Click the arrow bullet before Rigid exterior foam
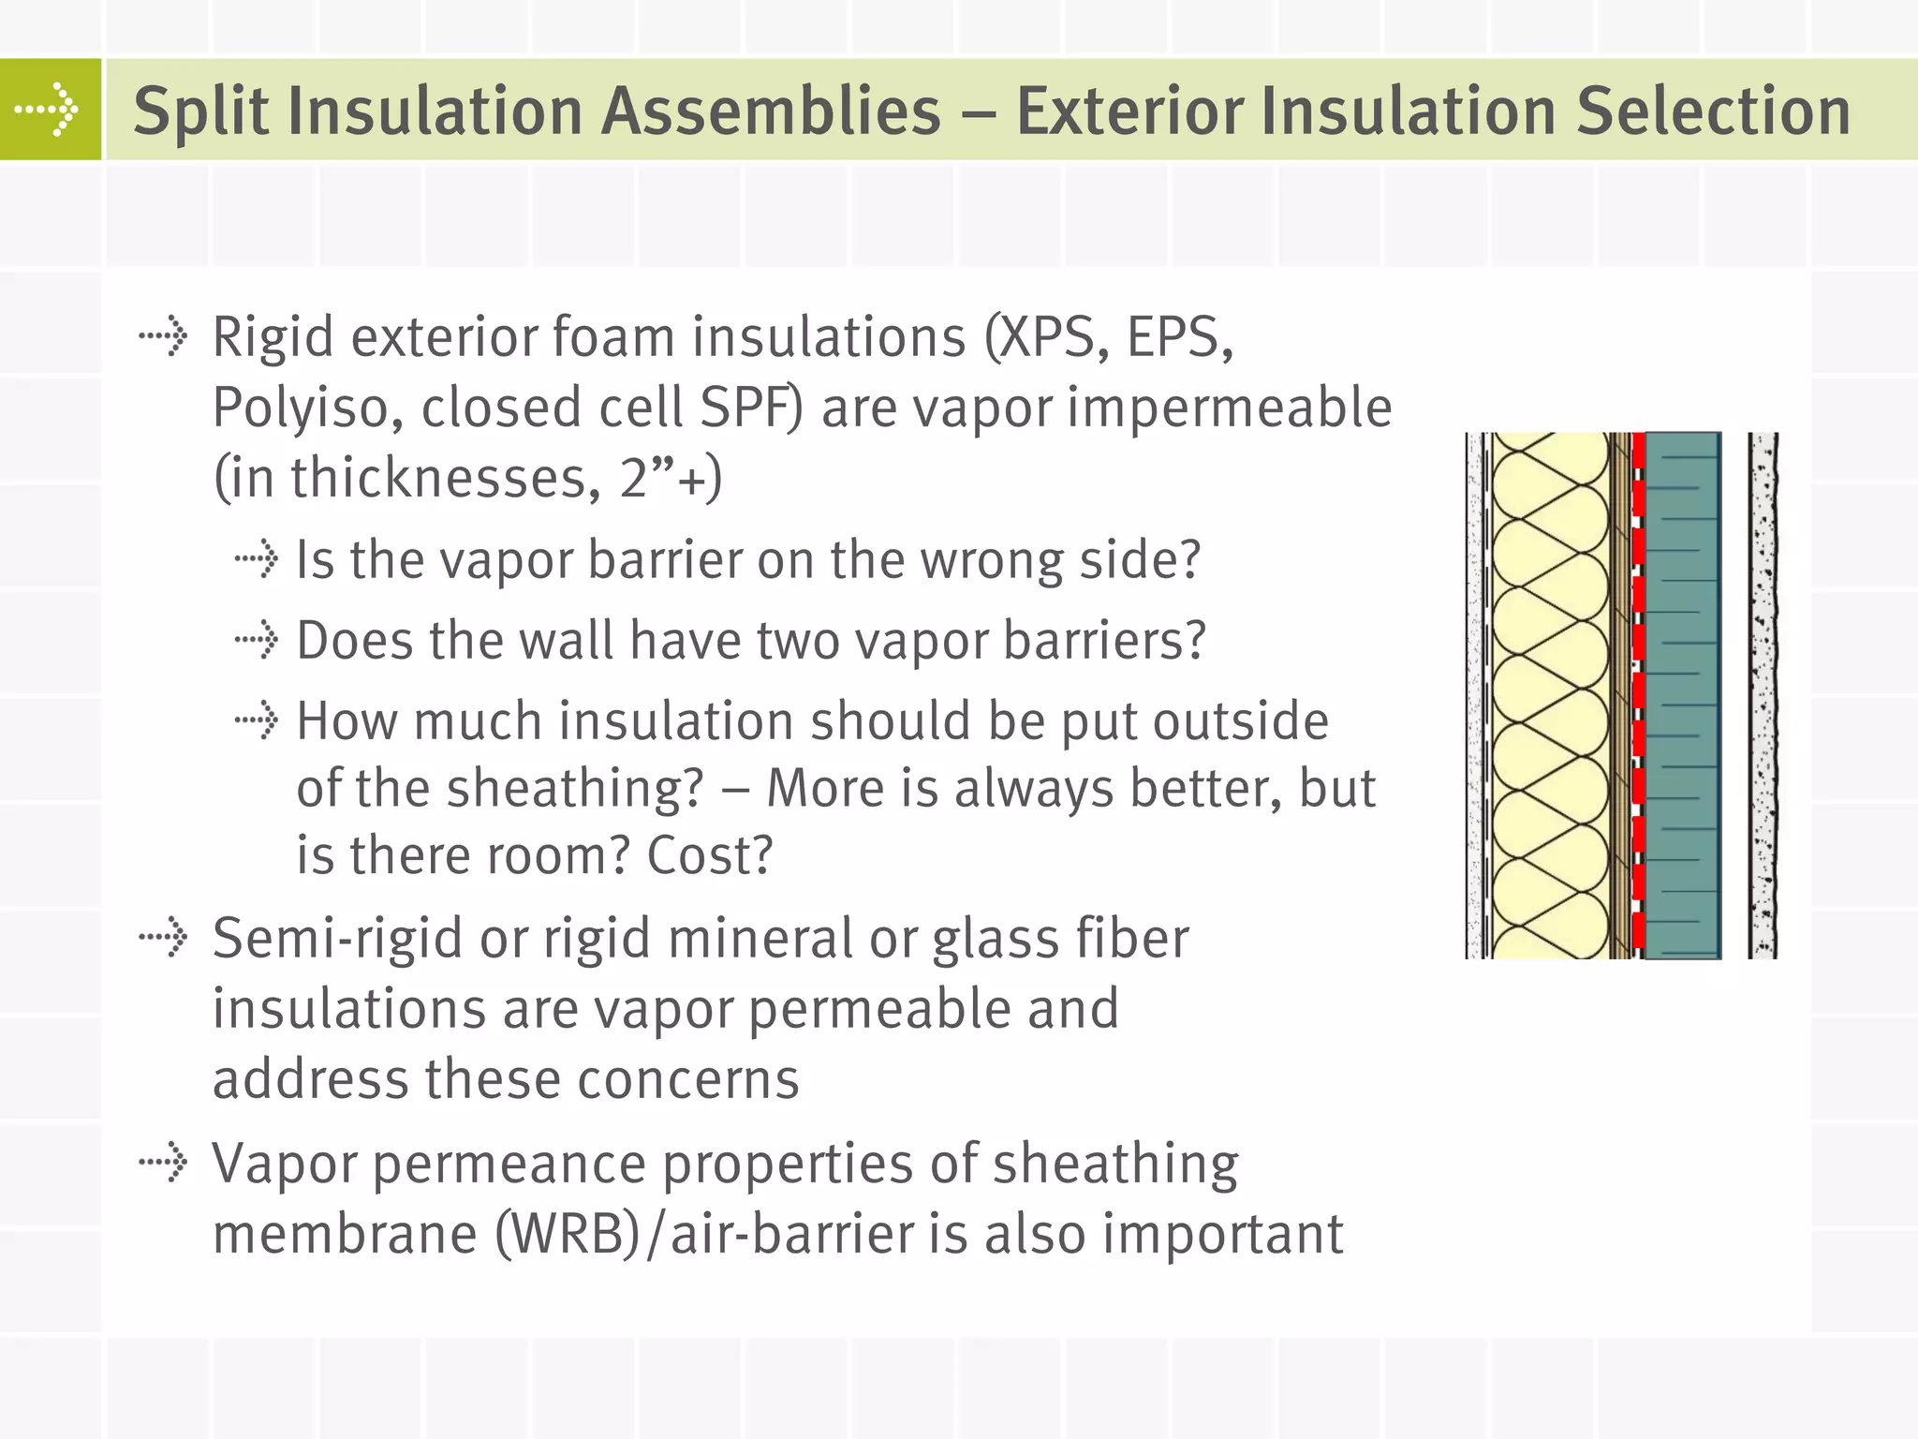[164, 335]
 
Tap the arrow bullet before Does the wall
[256, 641]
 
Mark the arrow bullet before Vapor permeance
[164, 1164]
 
